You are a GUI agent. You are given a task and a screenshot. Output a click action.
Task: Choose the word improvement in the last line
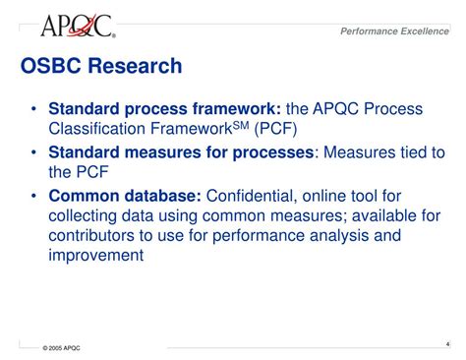95,256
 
